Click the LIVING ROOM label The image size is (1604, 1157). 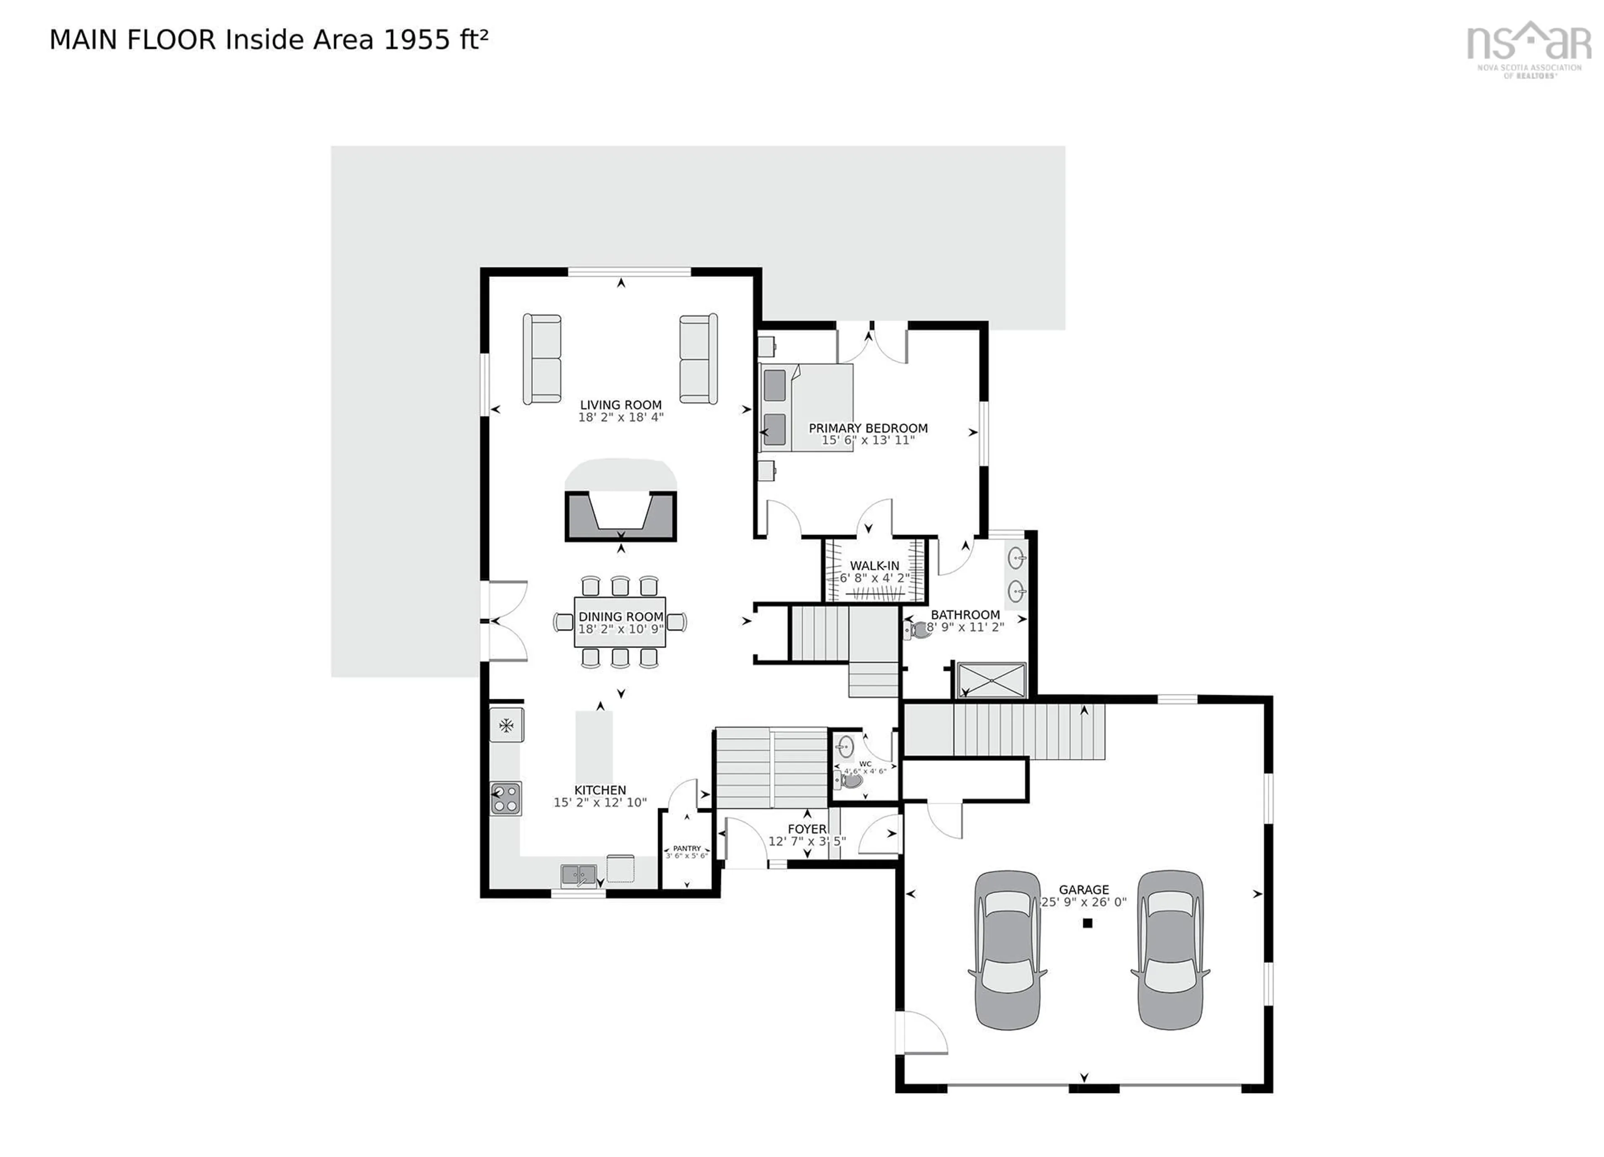click(x=620, y=405)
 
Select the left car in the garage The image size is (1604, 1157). click(x=1007, y=949)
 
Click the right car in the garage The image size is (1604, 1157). click(x=1169, y=949)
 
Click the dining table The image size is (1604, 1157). click(x=620, y=622)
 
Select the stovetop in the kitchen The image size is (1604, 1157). click(x=506, y=798)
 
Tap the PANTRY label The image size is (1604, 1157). click(x=686, y=848)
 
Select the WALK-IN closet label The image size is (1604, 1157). click(x=874, y=566)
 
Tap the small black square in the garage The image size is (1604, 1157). click(x=1088, y=923)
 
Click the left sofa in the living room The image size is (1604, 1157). click(x=542, y=359)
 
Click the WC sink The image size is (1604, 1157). click(x=845, y=746)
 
